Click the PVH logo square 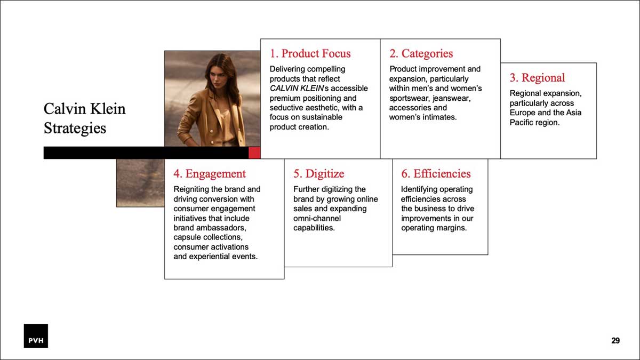coord(36,335)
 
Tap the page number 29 coord(615,341)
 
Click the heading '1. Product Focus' coord(310,53)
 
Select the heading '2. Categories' coord(421,53)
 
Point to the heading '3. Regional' coord(537,78)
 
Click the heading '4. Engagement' coord(210,174)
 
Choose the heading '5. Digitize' coord(318,174)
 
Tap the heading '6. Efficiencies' coord(436,174)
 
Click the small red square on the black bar coord(254,153)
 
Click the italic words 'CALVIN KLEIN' coord(297,89)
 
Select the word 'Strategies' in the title coord(75,129)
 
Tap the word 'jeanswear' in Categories coord(451,98)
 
